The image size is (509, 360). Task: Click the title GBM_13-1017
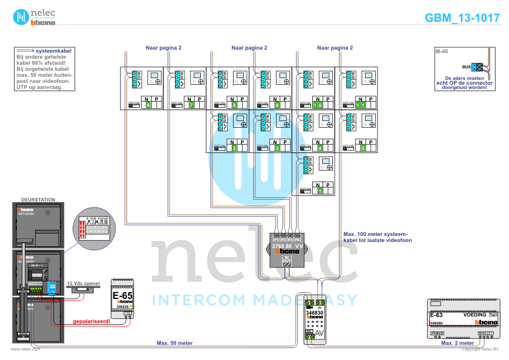462,18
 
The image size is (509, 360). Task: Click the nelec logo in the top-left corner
34,17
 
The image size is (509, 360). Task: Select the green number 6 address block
148,105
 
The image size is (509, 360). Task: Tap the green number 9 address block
277,105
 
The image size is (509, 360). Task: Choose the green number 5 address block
363,148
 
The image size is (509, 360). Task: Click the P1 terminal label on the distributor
276,240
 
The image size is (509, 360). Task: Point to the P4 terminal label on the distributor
297,240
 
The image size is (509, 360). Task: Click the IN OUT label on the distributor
287,260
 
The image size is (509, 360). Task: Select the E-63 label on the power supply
436,315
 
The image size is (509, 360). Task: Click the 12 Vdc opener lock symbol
81,290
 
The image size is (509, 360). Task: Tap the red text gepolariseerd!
91,321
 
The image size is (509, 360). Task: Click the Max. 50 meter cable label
174,343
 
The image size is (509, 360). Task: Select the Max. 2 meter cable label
457,343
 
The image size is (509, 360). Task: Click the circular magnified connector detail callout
93,228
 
